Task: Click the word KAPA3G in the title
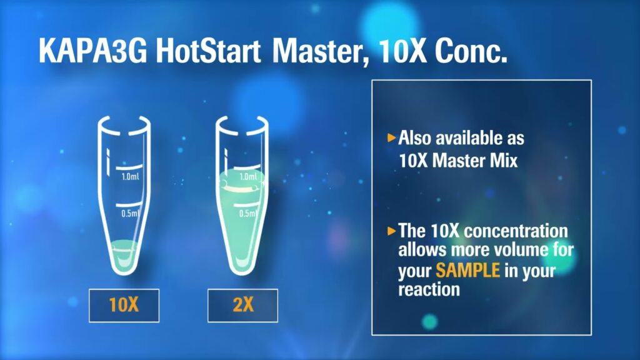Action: point(92,51)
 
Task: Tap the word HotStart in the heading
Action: point(208,51)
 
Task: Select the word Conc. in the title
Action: point(471,51)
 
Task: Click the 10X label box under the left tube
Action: point(124,305)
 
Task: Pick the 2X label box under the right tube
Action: point(243,305)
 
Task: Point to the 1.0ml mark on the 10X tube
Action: point(130,176)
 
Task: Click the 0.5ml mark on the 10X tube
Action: point(130,213)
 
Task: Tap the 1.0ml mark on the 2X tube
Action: point(248,176)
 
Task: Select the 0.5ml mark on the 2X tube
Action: point(247,213)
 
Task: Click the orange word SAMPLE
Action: point(467,270)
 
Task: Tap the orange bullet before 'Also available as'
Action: point(391,137)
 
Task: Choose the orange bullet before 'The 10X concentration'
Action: point(391,231)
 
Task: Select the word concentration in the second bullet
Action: point(516,231)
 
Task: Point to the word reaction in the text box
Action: point(429,289)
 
